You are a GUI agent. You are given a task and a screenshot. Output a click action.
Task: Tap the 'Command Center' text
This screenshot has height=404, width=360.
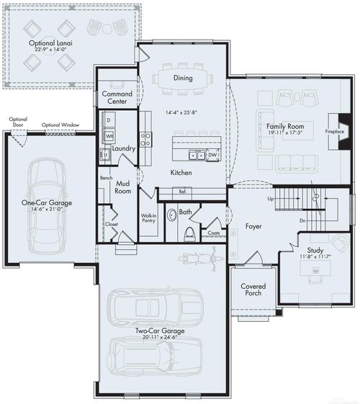[117, 98]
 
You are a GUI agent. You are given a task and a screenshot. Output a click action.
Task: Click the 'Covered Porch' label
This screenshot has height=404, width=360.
[253, 290]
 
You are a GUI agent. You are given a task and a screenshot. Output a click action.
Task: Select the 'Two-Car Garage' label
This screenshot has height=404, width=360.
[160, 331]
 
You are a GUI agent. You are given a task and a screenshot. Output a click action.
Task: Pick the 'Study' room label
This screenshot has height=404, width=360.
[315, 251]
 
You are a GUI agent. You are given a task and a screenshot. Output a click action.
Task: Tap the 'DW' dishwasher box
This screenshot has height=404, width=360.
[212, 155]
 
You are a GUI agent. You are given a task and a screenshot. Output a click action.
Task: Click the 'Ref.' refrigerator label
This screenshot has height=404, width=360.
[183, 192]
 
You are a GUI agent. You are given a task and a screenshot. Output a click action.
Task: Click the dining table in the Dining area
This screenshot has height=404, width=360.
[183, 78]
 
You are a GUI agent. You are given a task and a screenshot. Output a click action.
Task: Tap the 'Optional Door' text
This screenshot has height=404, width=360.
[19, 122]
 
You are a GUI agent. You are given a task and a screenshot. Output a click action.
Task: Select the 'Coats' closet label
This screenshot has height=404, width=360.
[213, 233]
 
